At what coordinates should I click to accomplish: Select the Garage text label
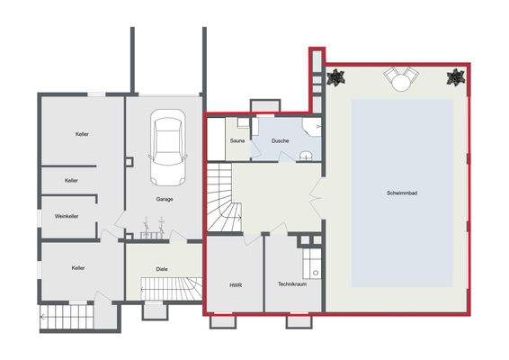click(x=165, y=199)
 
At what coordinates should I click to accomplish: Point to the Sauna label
click(x=237, y=141)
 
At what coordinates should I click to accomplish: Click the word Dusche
click(x=280, y=141)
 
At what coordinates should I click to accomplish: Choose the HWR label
click(x=236, y=284)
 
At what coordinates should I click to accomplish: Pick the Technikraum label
click(x=292, y=283)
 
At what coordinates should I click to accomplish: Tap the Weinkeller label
click(x=67, y=216)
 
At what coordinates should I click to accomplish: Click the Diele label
click(x=162, y=268)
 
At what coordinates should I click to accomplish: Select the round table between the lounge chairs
click(x=398, y=82)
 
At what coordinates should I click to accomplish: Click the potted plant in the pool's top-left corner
click(x=337, y=77)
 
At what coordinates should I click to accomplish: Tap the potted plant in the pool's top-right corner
click(x=456, y=77)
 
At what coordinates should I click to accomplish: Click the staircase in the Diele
click(x=170, y=288)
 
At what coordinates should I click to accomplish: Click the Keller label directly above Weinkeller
click(x=71, y=180)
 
